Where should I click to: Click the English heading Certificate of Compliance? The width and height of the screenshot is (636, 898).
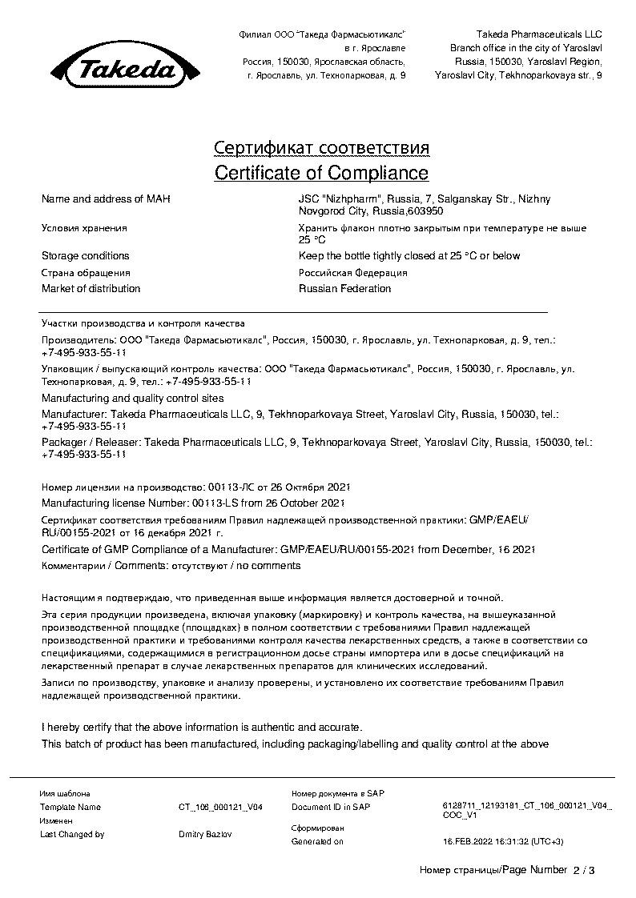(x=321, y=173)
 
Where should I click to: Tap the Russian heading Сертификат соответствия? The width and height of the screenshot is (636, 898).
(x=321, y=149)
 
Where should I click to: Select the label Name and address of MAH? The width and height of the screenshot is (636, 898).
(x=106, y=199)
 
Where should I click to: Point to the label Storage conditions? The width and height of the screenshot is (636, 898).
(x=86, y=256)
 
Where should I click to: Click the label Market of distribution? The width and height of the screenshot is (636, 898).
(x=91, y=288)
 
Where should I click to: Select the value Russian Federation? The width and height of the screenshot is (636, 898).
(x=344, y=288)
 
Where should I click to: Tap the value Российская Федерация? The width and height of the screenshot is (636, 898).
(x=352, y=272)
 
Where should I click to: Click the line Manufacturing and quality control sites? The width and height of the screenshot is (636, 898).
(x=132, y=398)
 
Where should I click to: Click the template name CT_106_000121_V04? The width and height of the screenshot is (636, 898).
(x=220, y=808)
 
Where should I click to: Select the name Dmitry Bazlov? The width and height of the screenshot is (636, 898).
(x=206, y=834)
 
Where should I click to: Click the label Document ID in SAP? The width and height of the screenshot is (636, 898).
(x=331, y=807)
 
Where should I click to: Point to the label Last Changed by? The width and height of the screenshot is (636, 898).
(x=72, y=834)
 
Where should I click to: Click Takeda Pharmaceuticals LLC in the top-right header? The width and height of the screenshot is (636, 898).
(x=538, y=34)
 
